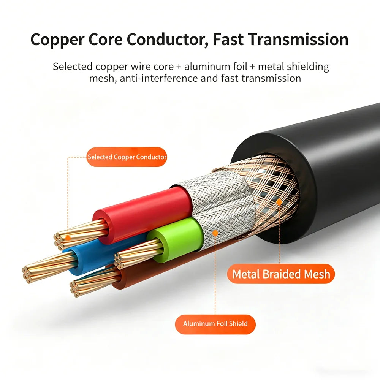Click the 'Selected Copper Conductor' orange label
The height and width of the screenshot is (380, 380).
point(127,157)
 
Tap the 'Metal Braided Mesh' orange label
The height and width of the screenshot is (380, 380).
point(281,274)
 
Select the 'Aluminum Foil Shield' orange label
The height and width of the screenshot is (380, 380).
point(215,324)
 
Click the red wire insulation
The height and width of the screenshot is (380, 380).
point(143,213)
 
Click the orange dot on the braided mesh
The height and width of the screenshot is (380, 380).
point(279,202)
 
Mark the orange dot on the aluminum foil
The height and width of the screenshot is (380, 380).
point(215,233)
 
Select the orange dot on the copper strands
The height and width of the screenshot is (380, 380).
point(68,238)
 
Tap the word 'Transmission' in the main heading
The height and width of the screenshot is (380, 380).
point(298,39)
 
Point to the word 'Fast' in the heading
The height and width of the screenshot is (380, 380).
point(228,39)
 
